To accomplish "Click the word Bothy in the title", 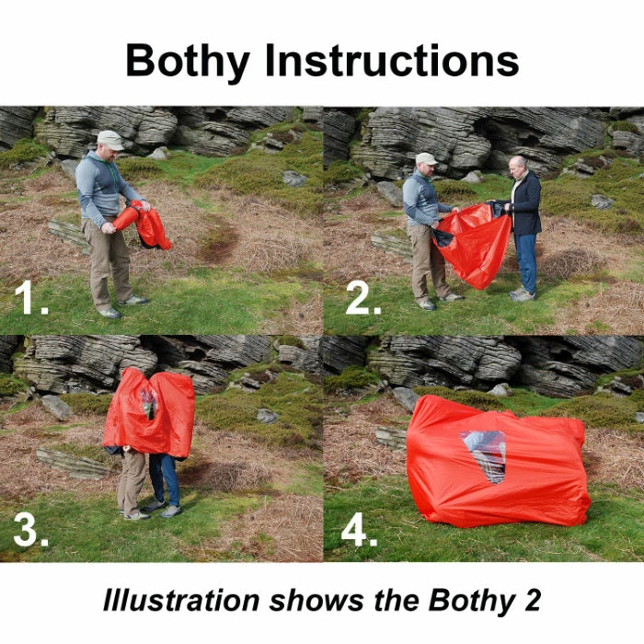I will tap(190, 63).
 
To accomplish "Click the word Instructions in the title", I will tap(393, 61).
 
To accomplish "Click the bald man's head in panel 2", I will tap(517, 167).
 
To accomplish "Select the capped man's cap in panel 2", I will tap(425, 158).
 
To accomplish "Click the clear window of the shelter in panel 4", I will tap(485, 454).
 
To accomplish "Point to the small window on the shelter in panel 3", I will tap(147, 401).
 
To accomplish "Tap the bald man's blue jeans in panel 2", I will tap(526, 262).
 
